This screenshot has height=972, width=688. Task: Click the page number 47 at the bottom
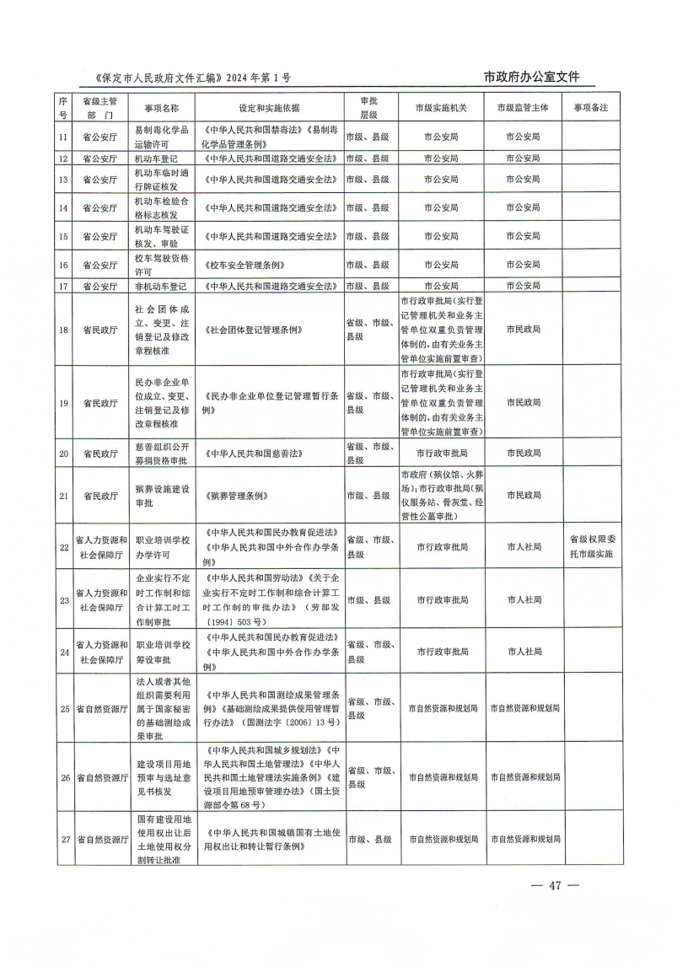point(554,885)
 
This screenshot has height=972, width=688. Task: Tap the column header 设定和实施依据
point(269,108)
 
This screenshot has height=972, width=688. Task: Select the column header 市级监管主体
point(523,108)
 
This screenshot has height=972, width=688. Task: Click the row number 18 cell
point(63,329)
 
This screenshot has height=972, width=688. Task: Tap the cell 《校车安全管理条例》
point(242,265)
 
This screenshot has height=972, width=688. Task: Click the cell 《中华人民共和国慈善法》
point(253,454)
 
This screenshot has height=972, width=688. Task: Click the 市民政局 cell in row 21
point(523,496)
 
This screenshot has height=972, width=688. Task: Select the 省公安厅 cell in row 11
point(99,137)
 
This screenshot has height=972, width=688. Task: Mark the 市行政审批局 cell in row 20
point(442,454)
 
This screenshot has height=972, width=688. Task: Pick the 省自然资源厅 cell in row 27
point(99,840)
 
